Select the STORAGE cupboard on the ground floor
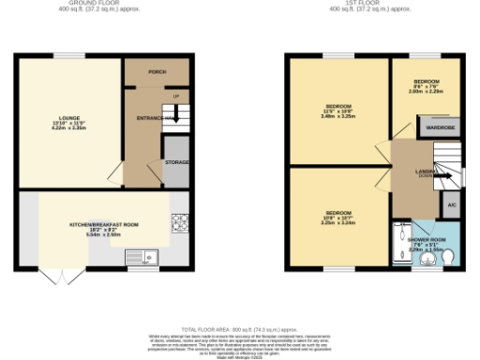pyautogui.click(x=176, y=162)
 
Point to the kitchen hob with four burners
pyautogui.click(x=178, y=223)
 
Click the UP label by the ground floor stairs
pyautogui.click(x=174, y=96)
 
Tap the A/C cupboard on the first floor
pyautogui.click(x=450, y=203)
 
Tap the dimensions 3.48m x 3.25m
pyautogui.click(x=339, y=116)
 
